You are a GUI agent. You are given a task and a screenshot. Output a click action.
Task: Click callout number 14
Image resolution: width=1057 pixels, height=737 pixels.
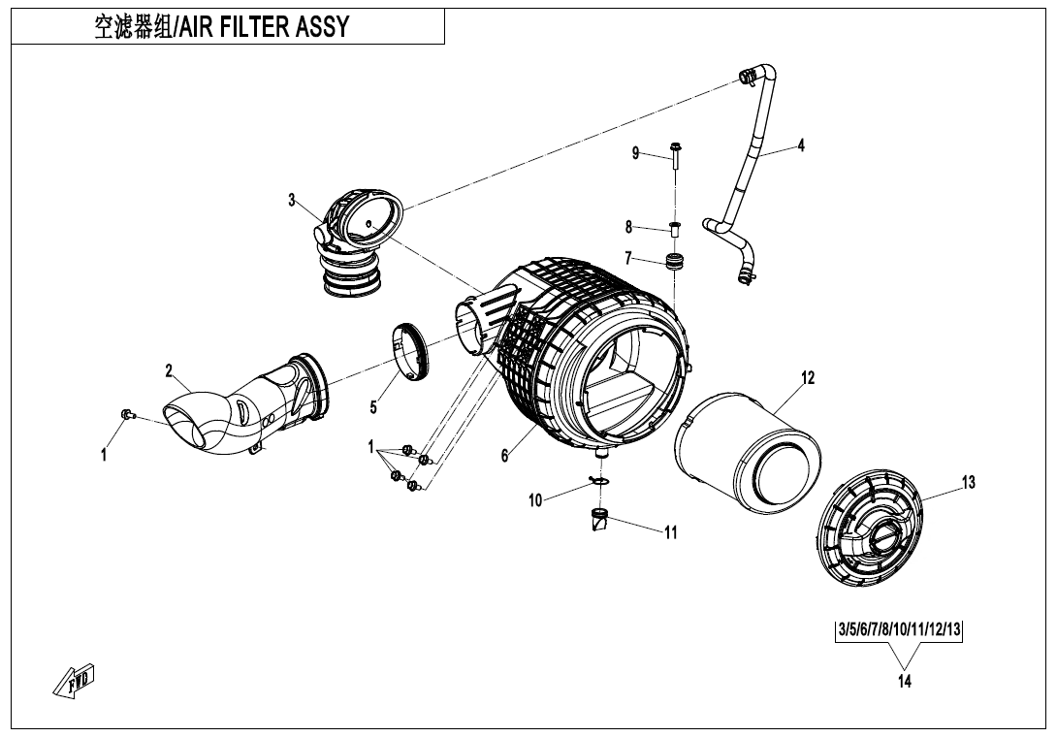pos(904,681)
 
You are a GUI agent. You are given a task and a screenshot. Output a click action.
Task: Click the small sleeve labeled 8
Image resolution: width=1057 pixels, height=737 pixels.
pos(675,230)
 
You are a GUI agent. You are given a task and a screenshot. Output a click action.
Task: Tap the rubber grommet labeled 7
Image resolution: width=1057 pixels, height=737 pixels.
pos(674,261)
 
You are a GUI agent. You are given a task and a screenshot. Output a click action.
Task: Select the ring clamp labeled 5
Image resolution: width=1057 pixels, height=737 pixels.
pos(410,348)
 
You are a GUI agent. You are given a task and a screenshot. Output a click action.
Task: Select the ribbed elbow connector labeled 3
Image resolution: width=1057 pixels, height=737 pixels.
pos(354,239)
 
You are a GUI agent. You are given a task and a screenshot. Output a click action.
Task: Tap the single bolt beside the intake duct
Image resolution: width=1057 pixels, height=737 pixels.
pos(125,416)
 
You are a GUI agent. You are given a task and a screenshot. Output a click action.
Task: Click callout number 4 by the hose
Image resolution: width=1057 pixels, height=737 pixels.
pos(800,145)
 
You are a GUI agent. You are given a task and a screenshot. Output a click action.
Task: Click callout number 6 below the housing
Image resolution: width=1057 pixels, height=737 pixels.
pos(505,457)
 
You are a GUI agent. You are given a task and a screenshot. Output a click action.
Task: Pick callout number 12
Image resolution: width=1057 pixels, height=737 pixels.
pos(807,377)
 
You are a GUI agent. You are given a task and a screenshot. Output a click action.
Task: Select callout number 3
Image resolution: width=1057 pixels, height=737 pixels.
pos(291,200)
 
